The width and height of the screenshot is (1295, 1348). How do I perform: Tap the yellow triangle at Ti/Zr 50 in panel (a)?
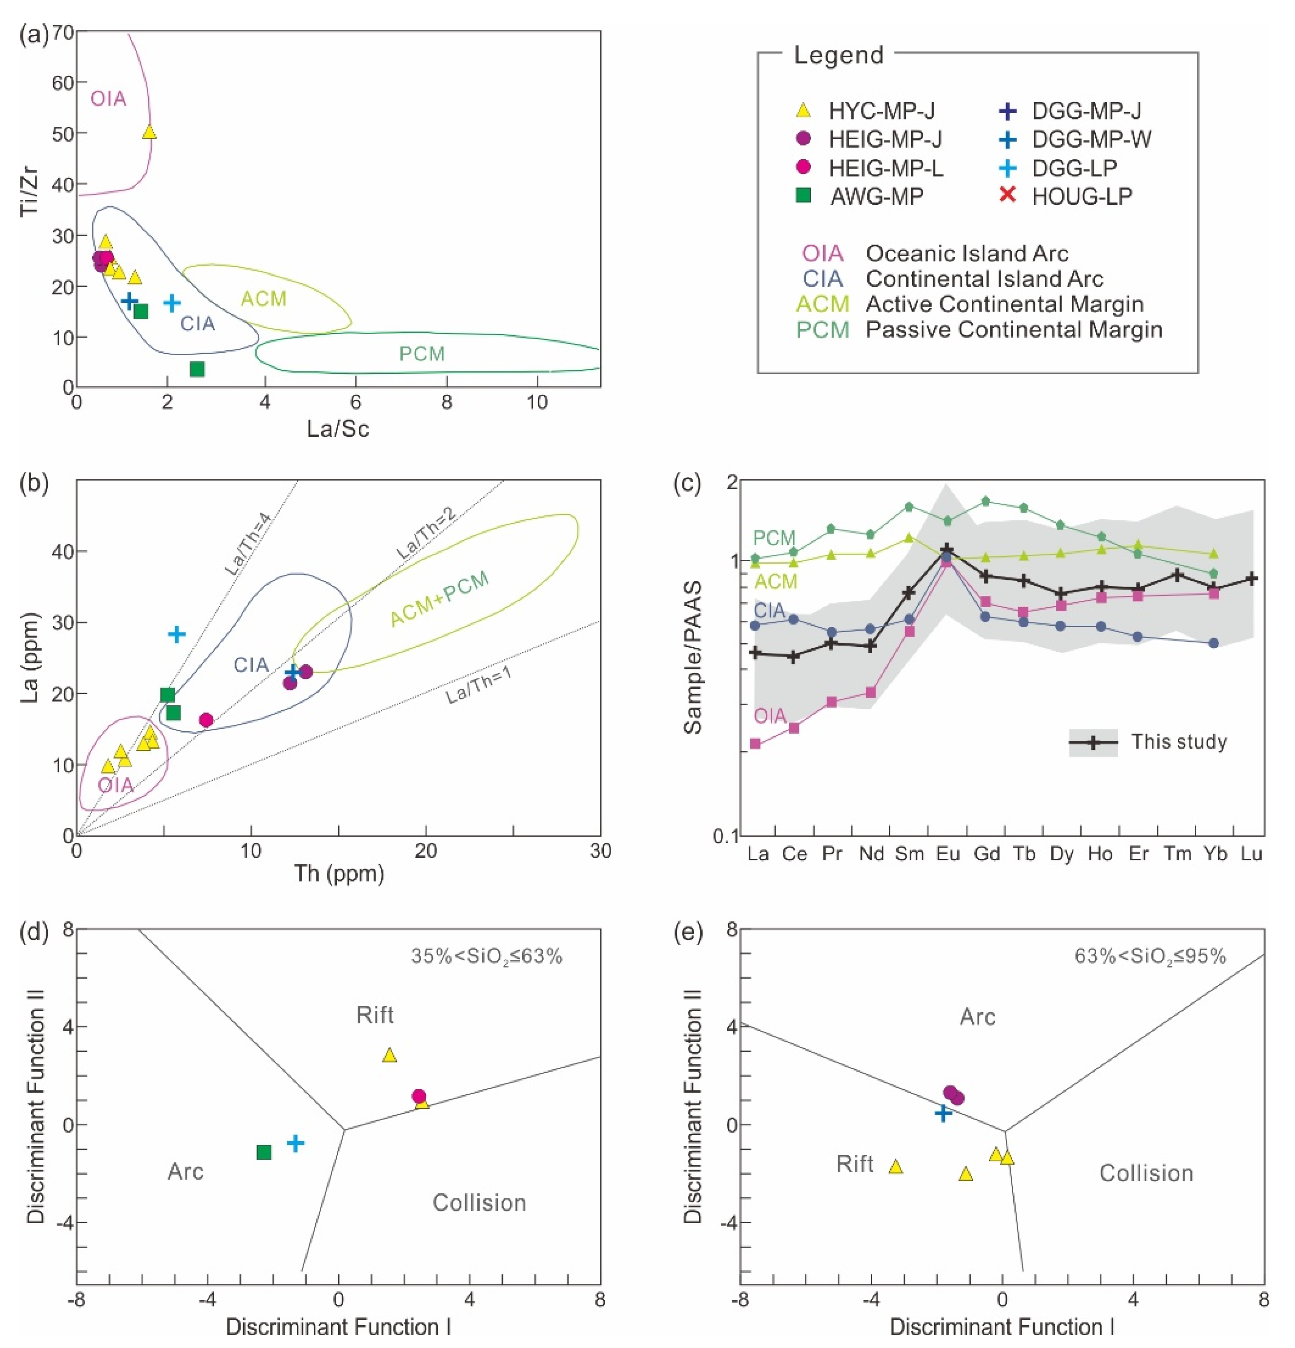(x=149, y=132)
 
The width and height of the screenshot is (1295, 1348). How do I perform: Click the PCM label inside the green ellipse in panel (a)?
(x=422, y=354)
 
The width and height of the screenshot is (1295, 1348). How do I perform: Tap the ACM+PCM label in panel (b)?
(x=439, y=598)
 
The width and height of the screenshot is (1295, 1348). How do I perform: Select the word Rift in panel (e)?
(x=854, y=1164)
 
